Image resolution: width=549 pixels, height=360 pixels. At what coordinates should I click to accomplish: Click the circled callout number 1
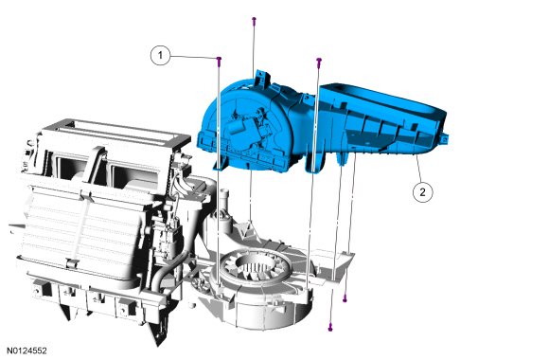tap(160, 55)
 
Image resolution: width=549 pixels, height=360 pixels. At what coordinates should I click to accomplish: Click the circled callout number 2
tap(422, 192)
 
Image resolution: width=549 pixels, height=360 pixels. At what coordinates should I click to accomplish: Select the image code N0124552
tap(27, 351)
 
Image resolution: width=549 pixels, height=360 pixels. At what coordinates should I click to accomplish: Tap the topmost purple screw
tap(254, 20)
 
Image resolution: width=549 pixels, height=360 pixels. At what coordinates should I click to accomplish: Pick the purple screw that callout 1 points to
tap(219, 61)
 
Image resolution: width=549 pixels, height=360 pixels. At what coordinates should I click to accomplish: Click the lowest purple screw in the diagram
tap(330, 327)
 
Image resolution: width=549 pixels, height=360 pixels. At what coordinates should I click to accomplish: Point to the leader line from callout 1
tap(194, 57)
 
